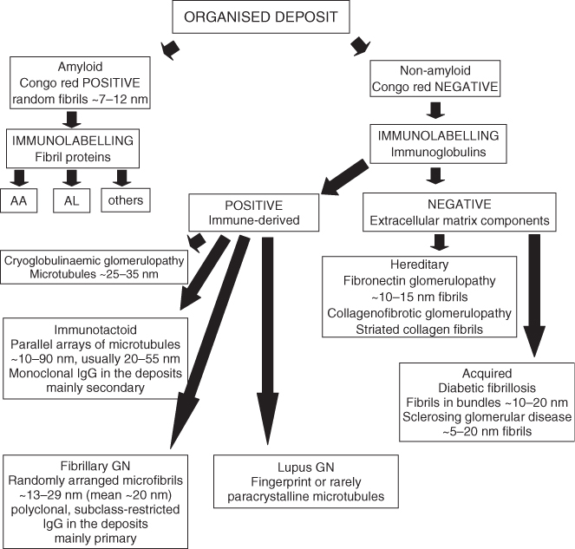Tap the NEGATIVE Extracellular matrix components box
[x=468, y=212]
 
